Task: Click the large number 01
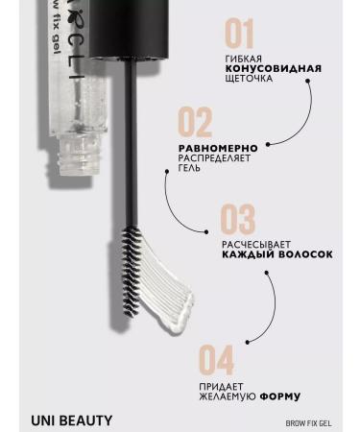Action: [x=239, y=35]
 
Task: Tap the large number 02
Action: [x=195, y=124]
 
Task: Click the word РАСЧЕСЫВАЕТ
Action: [x=253, y=245]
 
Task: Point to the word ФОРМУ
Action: [x=278, y=396]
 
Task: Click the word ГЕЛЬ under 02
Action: [x=192, y=168]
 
